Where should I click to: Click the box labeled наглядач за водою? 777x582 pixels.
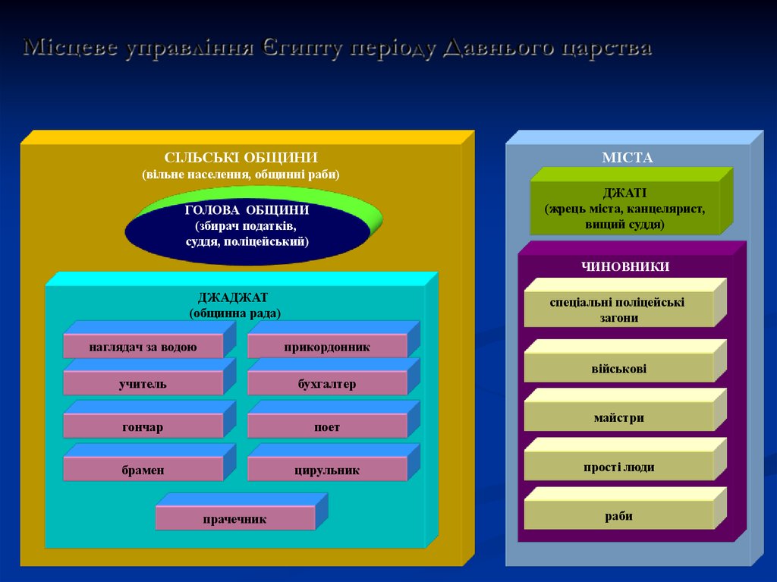143,347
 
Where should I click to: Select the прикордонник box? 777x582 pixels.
327,347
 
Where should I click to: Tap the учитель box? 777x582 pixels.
143,384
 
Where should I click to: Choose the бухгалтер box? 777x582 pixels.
327,384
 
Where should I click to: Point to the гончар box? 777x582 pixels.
143,427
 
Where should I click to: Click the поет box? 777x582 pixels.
327,427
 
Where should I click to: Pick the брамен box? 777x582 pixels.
143,470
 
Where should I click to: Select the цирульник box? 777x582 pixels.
327,470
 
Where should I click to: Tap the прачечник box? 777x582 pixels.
235,519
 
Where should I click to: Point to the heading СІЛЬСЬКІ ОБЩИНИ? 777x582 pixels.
241,158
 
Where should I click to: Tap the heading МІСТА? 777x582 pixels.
628,158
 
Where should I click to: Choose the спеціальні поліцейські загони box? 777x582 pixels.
618,310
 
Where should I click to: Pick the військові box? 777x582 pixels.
619,370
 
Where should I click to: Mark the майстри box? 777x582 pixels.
619,417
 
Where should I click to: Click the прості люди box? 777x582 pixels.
619,467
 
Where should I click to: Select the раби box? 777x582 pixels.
619,517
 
